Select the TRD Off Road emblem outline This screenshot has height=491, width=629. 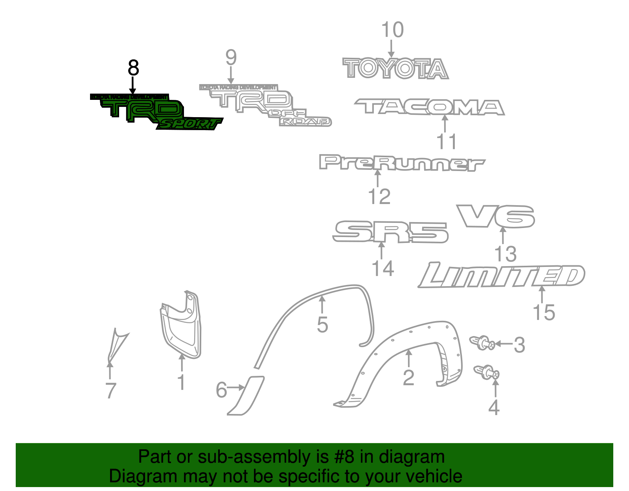259,103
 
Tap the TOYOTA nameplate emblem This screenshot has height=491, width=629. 395,69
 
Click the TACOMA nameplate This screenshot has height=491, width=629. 429,107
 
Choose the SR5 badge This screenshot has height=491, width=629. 390,232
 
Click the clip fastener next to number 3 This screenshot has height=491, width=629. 483,343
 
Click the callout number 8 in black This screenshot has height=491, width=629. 133,68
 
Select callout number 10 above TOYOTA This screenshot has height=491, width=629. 392,30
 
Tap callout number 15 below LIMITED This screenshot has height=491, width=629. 544,313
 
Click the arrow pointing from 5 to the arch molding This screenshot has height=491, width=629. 322,304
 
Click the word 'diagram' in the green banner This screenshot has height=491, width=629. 412,457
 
